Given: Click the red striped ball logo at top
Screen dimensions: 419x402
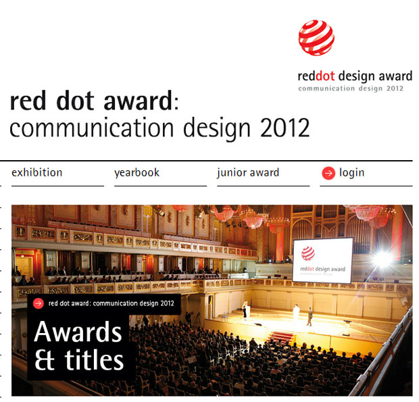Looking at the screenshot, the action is click(x=316, y=38).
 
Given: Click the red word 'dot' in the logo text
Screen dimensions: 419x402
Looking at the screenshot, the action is click(x=325, y=76).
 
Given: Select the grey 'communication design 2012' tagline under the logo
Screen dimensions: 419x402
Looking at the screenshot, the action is click(x=351, y=89).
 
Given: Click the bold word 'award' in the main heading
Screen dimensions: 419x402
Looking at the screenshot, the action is click(x=138, y=101).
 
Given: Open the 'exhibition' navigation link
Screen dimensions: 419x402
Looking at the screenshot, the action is click(x=37, y=172).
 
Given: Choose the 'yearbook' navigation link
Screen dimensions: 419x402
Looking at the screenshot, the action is click(x=137, y=173).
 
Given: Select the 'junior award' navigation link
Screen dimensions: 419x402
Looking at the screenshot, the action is click(x=248, y=173).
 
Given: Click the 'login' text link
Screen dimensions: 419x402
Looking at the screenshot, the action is click(x=351, y=173).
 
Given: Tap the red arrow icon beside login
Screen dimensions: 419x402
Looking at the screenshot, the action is click(x=328, y=173).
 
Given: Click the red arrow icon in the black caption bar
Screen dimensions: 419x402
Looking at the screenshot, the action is click(x=39, y=303).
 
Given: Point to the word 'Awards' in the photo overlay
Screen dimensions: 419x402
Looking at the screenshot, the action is click(x=78, y=332).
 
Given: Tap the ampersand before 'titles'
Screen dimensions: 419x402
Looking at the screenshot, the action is click(x=45, y=360).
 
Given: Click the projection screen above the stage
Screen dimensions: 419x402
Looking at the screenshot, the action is click(x=323, y=260).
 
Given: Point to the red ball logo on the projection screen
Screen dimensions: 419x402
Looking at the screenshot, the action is click(x=308, y=253).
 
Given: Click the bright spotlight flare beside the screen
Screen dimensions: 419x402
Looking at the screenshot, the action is click(x=384, y=259).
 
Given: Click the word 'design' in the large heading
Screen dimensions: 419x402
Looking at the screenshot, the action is click(x=216, y=129).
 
